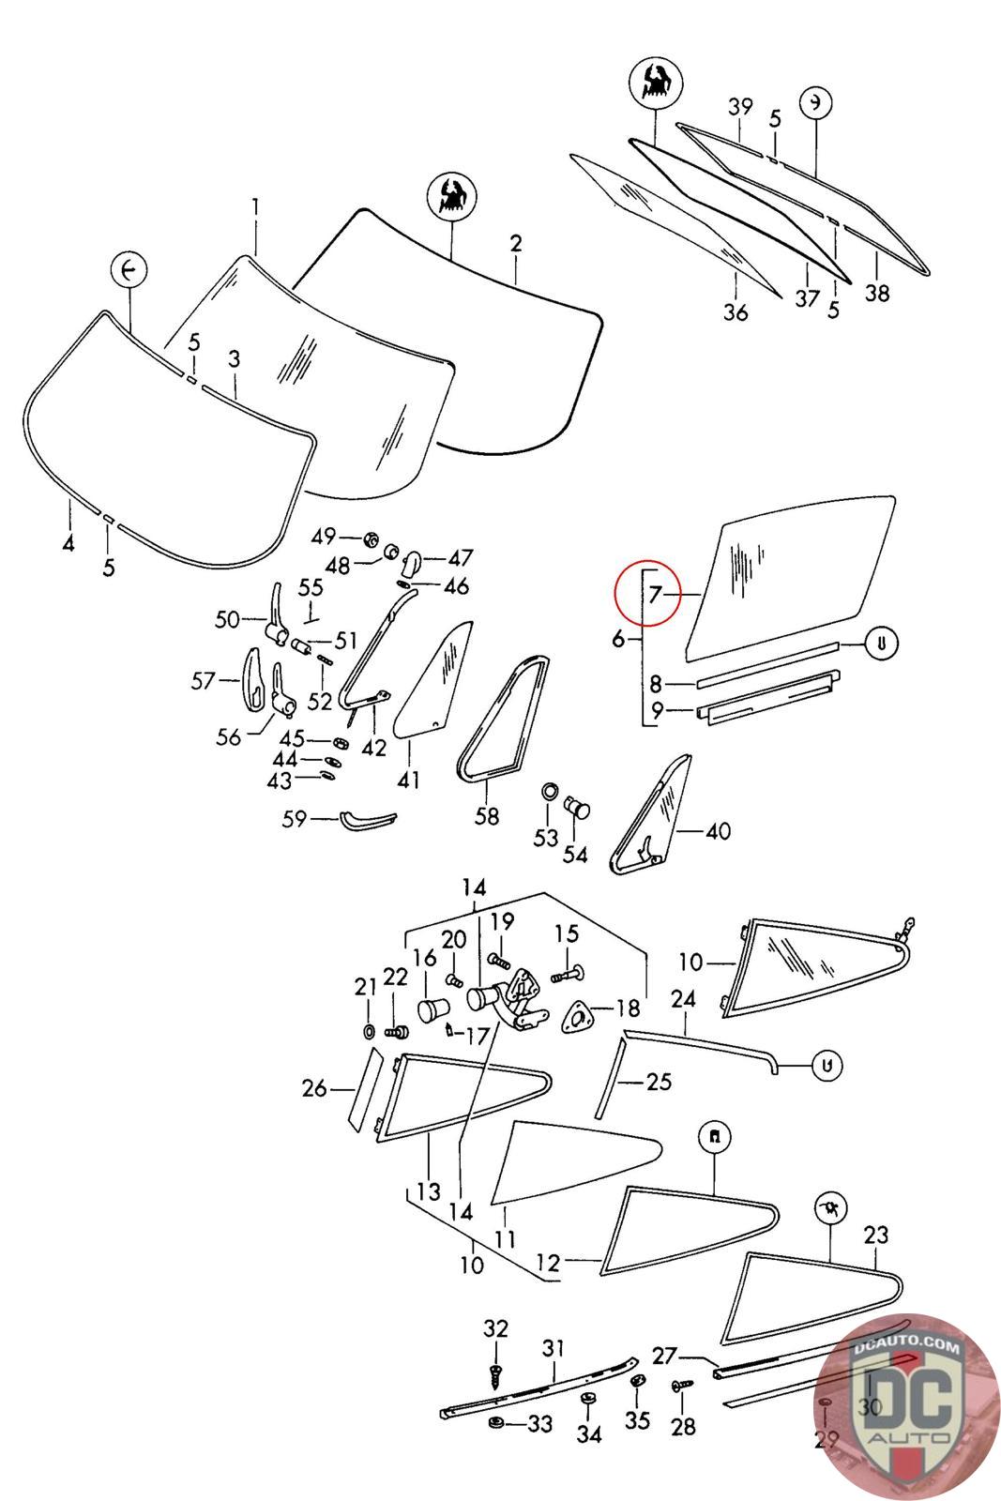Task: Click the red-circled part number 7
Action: click(656, 594)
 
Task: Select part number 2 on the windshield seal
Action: click(515, 244)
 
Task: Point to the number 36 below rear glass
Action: click(736, 312)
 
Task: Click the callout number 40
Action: click(719, 831)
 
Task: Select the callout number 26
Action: click(314, 1088)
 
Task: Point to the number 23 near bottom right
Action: click(875, 1235)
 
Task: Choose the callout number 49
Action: click(324, 537)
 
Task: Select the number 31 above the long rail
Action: click(553, 1348)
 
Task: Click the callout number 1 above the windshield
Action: click(254, 206)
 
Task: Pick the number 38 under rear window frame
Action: click(876, 294)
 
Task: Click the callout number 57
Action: click(203, 681)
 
